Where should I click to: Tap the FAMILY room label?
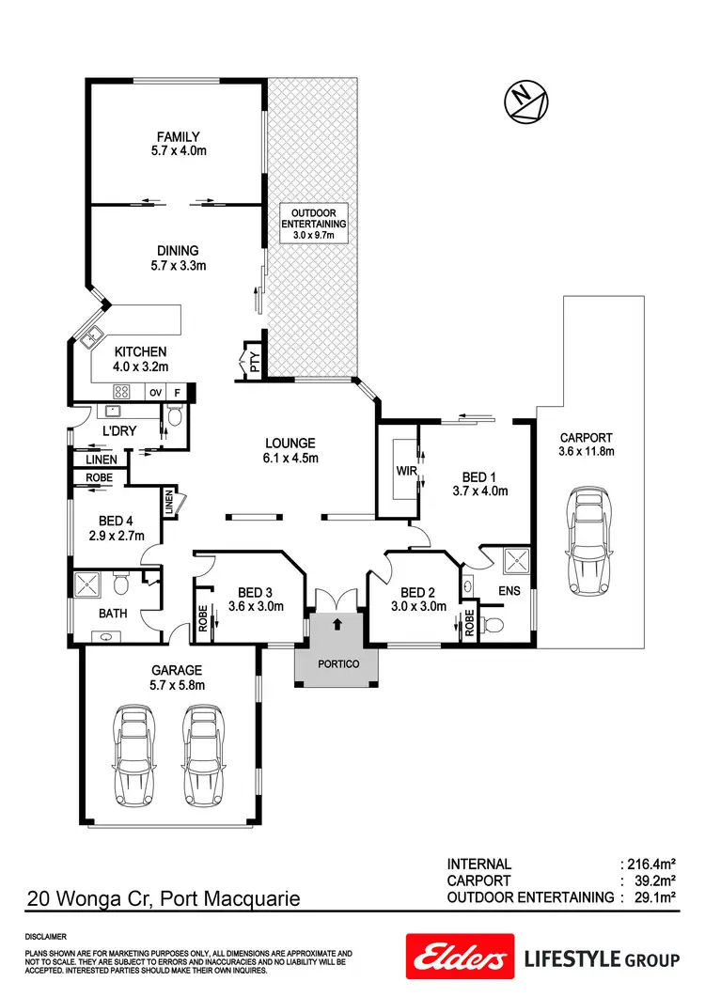pyautogui.click(x=178, y=137)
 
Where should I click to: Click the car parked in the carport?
pyautogui.click(x=587, y=540)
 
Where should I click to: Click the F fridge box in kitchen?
pyautogui.click(x=178, y=392)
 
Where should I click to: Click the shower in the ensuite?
pyautogui.click(x=516, y=562)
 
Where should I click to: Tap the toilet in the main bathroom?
pyautogui.click(x=120, y=584)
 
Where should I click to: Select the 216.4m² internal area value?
pyautogui.click(x=650, y=864)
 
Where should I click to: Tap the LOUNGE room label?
pyautogui.click(x=290, y=444)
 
